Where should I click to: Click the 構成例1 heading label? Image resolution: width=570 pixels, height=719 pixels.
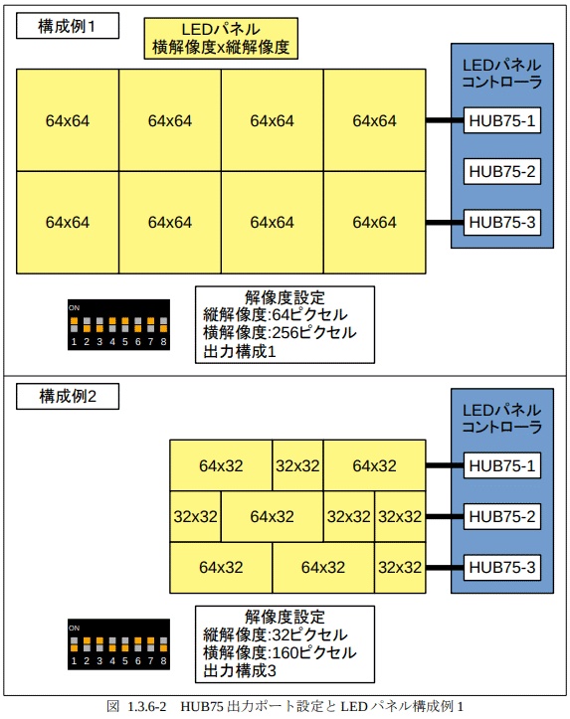tap(68, 27)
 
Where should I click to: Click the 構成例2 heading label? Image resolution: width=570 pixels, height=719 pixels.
tap(68, 396)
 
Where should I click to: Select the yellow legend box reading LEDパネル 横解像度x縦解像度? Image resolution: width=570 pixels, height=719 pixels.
tap(222, 38)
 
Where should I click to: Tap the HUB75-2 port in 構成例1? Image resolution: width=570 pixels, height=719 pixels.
tap(502, 172)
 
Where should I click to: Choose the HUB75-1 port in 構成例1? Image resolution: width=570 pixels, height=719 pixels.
tap(502, 121)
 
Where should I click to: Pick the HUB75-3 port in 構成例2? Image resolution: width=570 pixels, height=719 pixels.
tap(502, 567)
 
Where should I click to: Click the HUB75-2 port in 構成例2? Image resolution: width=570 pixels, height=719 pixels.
tap(502, 516)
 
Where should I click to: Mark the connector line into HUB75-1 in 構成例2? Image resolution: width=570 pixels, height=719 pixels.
tap(445, 465)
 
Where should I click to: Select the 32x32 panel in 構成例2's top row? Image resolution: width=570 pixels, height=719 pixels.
tap(297, 465)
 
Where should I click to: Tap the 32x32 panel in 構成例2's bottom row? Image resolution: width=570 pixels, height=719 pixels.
tap(400, 567)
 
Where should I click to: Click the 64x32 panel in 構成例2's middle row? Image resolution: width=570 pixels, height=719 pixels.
tap(272, 516)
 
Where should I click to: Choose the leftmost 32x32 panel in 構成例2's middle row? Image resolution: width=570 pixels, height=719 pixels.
tap(195, 516)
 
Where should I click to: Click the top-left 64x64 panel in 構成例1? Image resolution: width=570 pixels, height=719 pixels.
tap(68, 121)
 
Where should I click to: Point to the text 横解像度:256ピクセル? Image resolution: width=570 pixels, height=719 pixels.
tap(280, 333)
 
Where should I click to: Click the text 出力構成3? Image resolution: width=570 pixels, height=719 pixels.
tap(240, 671)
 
